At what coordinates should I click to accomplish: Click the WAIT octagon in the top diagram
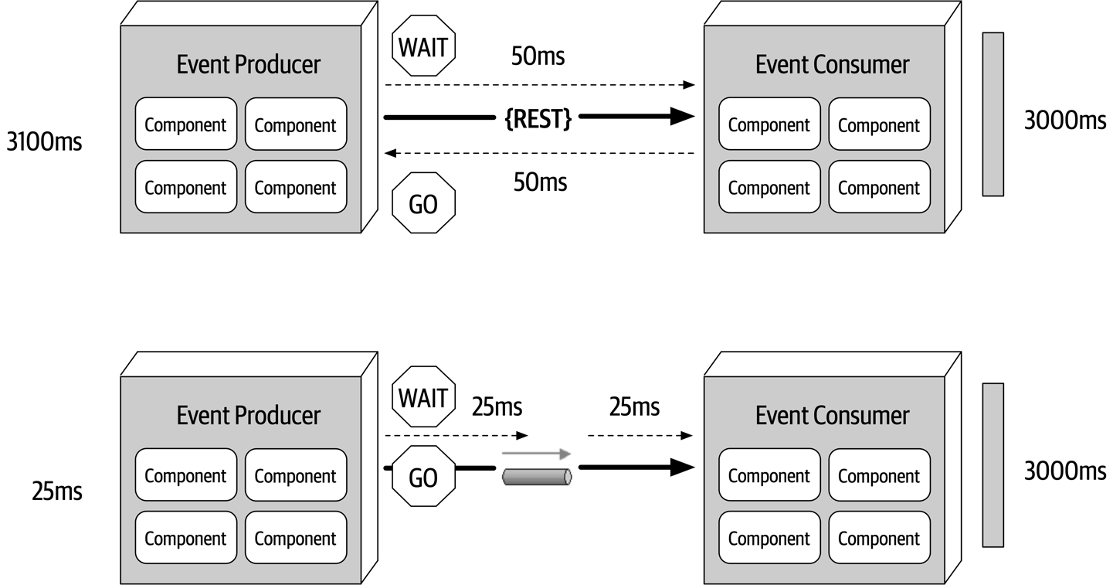pyautogui.click(x=423, y=47)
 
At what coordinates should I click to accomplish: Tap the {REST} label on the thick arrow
pyautogui.click(x=538, y=118)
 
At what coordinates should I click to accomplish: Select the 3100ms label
pyautogui.click(x=43, y=142)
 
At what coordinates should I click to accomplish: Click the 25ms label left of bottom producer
pyautogui.click(x=56, y=491)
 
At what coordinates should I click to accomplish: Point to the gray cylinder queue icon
pyautogui.click(x=537, y=477)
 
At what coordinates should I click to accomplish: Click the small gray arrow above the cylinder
pyautogui.click(x=536, y=454)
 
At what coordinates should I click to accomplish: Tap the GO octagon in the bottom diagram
pyautogui.click(x=423, y=478)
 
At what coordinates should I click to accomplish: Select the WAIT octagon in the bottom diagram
pyautogui.click(x=423, y=398)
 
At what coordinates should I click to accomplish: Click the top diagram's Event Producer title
pyautogui.click(x=248, y=64)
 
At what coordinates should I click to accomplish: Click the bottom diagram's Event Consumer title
pyautogui.click(x=832, y=415)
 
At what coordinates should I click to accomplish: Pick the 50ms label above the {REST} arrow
pyautogui.click(x=538, y=56)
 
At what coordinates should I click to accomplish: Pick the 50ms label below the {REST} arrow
pyautogui.click(x=540, y=182)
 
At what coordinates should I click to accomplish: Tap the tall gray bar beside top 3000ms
pyautogui.click(x=993, y=114)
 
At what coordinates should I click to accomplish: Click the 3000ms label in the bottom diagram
pyautogui.click(x=1065, y=471)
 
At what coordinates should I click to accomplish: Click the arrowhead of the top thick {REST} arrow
pyautogui.click(x=682, y=117)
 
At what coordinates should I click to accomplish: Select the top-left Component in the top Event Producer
pyautogui.click(x=185, y=124)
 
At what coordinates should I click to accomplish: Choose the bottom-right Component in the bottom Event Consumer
pyautogui.click(x=879, y=539)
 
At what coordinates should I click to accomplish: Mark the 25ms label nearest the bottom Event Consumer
pyautogui.click(x=634, y=406)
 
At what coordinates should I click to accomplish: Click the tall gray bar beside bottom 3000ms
pyautogui.click(x=993, y=464)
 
